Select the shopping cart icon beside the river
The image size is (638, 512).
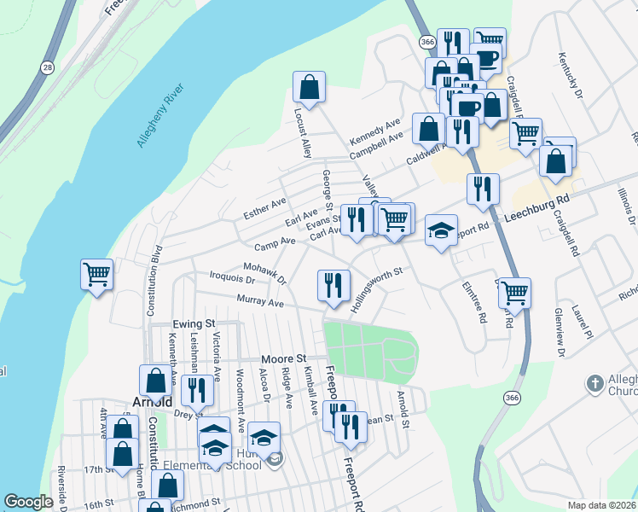pyautogui.click(x=96, y=275)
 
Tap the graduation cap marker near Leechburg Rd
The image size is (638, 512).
pyautogui.click(x=440, y=230)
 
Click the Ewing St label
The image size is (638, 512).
pyautogui.click(x=192, y=325)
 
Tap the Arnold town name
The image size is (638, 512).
pyautogui.click(x=154, y=402)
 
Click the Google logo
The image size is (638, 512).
pyautogui.click(x=28, y=502)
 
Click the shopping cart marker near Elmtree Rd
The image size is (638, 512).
pyautogui.click(x=514, y=293)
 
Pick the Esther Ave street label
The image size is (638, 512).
pyautogui.click(x=264, y=207)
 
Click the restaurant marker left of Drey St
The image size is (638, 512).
pyautogui.click(x=197, y=390)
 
